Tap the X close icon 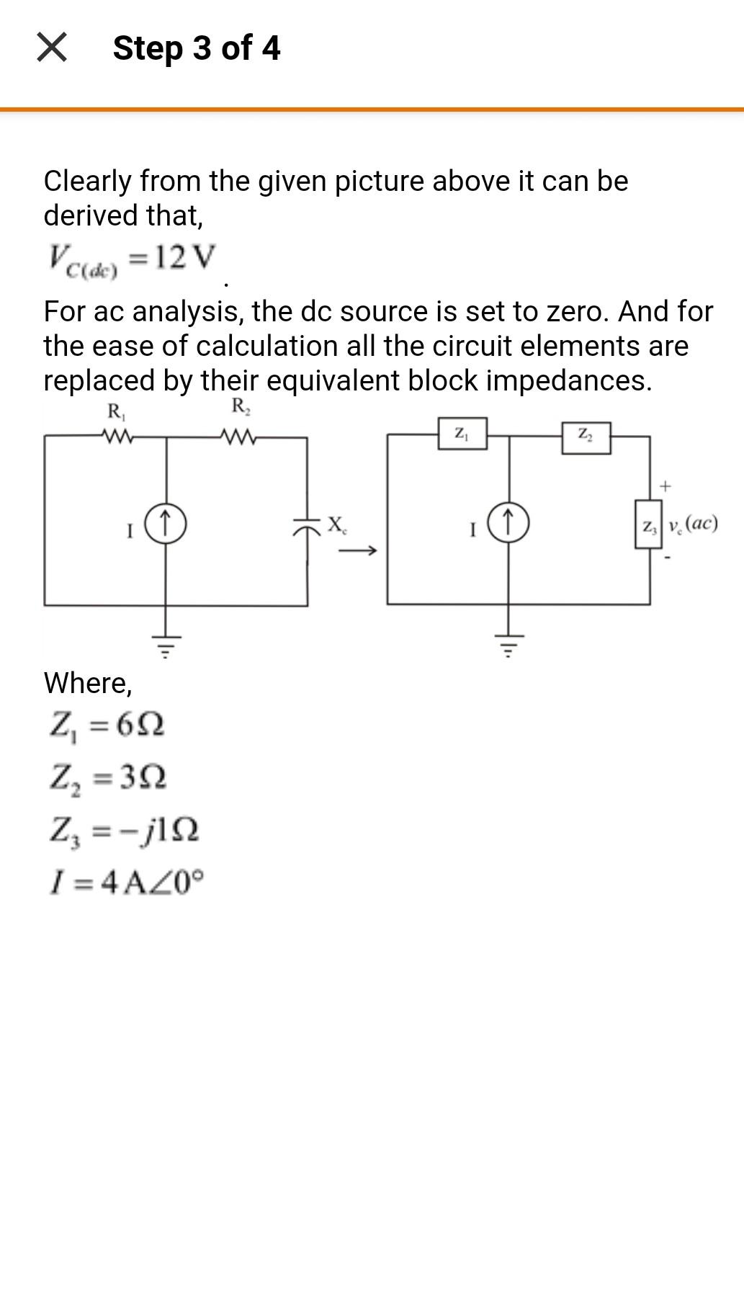52,48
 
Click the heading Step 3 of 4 196,48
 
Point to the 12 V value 184,257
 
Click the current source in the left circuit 166,523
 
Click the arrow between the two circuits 358,552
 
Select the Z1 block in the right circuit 462,434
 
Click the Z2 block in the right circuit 586,437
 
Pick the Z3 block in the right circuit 648,524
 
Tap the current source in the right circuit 509,523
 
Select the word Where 88,682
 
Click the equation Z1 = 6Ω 107,725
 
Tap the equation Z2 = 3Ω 108,777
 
